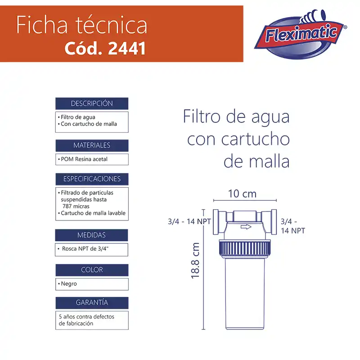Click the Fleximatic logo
(x=301, y=35)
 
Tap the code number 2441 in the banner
(x=127, y=48)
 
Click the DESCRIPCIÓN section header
(x=92, y=103)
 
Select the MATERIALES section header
(x=92, y=145)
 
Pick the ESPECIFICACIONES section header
(x=92, y=179)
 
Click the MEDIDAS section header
(x=91, y=235)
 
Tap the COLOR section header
(x=92, y=270)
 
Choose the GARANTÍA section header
(x=92, y=302)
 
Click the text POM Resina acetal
(x=84, y=159)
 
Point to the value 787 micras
(x=76, y=206)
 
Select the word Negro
(x=69, y=284)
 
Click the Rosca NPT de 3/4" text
(x=85, y=249)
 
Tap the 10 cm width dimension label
(x=242, y=194)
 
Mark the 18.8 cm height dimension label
(x=195, y=261)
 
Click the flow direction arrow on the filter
(x=246, y=227)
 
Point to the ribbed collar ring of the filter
(x=245, y=248)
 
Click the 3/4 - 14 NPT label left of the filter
(x=189, y=221)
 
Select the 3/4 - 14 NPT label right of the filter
(x=293, y=226)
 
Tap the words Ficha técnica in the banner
(x=81, y=25)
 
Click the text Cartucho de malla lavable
(x=93, y=213)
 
